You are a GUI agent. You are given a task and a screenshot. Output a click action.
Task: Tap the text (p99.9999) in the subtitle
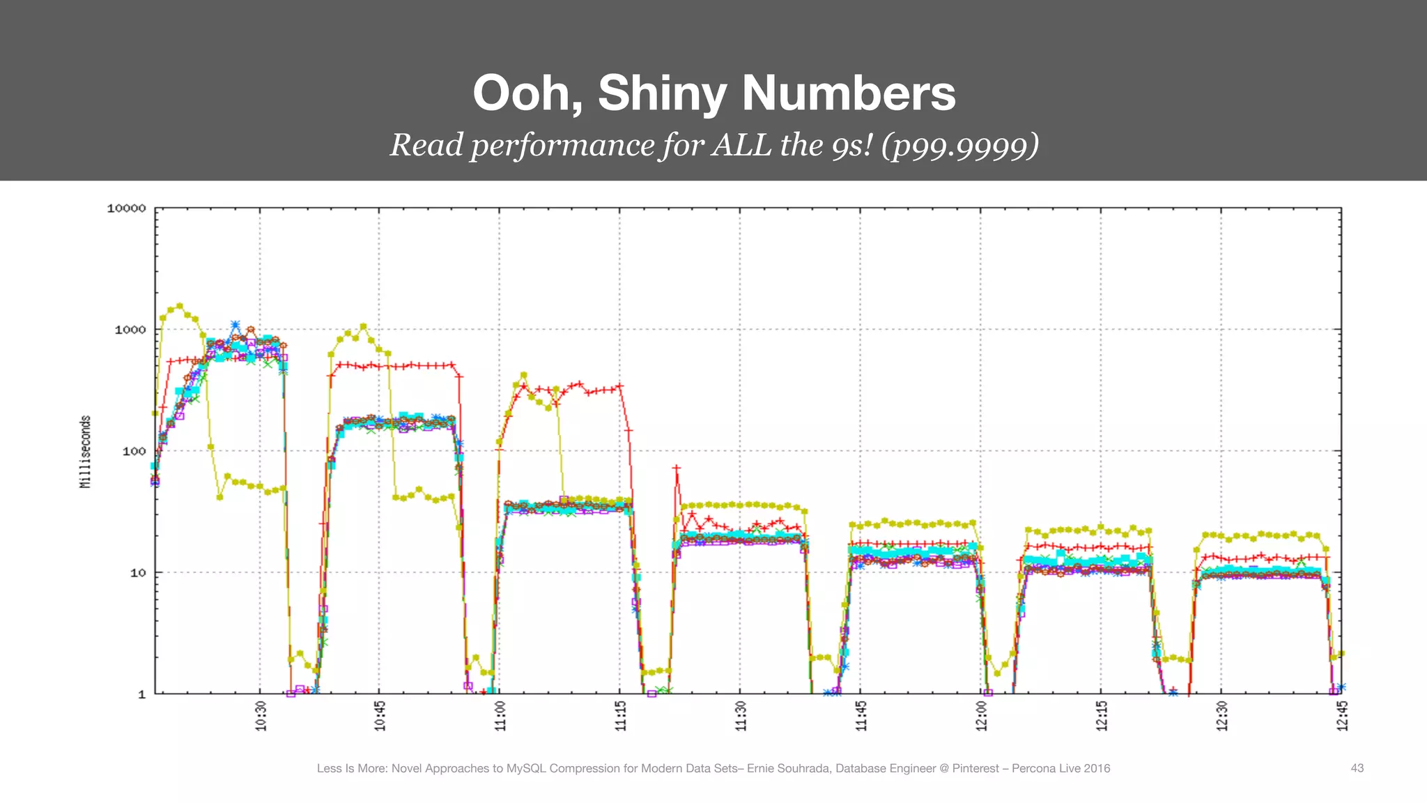coord(960,146)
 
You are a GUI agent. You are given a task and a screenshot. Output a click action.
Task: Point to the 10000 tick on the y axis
coord(126,208)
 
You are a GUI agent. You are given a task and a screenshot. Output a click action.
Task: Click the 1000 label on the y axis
coord(130,330)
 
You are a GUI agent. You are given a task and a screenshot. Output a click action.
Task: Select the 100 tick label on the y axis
coord(134,451)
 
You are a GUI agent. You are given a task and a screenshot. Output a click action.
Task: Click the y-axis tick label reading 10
coord(137,573)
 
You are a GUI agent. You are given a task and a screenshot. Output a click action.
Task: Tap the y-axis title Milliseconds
coord(85,452)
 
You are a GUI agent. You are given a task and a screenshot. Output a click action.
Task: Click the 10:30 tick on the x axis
coord(261,716)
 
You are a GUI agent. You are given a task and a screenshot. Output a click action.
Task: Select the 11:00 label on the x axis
coord(500,716)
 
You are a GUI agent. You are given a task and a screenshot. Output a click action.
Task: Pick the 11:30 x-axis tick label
coord(741,716)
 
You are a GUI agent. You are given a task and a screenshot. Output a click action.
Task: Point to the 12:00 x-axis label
coord(981,716)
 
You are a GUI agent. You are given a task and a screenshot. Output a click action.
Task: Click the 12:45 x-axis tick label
coord(1342,716)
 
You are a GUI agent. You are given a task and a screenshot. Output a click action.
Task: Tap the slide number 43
coord(1357,768)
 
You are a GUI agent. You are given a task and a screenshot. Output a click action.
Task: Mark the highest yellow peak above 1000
coord(180,306)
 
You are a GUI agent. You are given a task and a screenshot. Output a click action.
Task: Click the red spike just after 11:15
coord(676,468)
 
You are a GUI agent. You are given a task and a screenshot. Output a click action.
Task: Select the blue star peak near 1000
coord(236,325)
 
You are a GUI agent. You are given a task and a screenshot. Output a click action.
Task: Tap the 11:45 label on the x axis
coord(861,716)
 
